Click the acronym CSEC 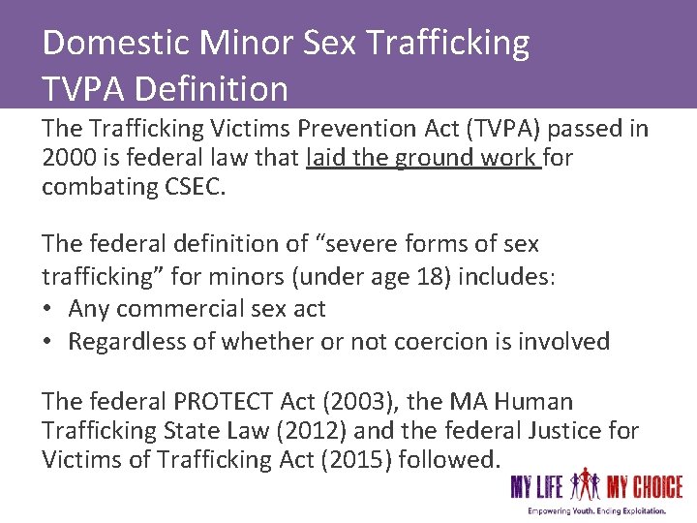191,187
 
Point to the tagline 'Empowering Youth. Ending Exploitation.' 596,510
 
